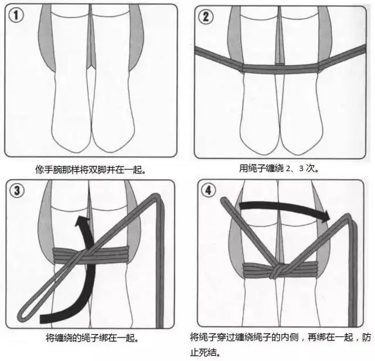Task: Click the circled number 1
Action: point(16,15)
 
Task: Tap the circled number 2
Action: point(206,16)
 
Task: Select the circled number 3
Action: point(17,190)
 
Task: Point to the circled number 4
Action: point(209,190)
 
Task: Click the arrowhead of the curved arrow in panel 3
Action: point(82,221)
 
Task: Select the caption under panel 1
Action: point(91,169)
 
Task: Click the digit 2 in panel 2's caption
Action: point(288,169)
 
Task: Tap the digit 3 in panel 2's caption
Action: point(301,169)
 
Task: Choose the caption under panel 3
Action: point(93,338)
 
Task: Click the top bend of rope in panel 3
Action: point(158,197)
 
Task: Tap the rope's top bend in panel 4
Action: point(349,217)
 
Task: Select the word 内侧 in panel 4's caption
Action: point(290,338)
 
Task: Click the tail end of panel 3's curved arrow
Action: point(41,319)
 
